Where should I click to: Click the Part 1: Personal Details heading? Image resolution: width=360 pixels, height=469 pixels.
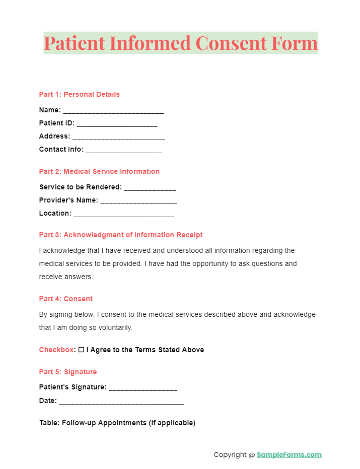[79, 94]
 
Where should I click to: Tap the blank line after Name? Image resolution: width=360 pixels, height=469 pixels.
[113, 111]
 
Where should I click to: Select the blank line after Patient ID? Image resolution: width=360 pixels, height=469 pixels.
[117, 124]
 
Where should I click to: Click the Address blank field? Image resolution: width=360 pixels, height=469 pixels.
[118, 137]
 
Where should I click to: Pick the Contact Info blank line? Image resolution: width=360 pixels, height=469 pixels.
[124, 150]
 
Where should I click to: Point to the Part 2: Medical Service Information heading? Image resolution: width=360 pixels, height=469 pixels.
[99, 171]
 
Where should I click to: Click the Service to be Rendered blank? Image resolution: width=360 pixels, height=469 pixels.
[150, 188]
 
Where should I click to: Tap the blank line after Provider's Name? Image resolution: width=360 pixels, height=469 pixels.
[138, 201]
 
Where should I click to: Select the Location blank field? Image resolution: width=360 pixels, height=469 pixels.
[124, 214]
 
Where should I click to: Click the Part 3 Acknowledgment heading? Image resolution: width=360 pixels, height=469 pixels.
[121, 235]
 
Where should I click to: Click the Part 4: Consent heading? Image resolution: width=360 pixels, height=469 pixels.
[66, 299]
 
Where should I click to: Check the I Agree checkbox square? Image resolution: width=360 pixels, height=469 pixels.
[81, 350]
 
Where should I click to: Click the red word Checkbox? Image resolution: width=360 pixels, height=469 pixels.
[56, 350]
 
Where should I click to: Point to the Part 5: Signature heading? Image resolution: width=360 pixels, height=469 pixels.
[68, 372]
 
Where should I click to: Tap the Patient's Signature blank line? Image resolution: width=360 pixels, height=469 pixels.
[143, 388]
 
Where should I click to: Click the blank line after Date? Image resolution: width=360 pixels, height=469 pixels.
[121, 402]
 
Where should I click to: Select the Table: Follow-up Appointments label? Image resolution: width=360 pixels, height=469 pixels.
[117, 423]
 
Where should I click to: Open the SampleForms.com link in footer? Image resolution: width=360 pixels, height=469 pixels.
[289, 454]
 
